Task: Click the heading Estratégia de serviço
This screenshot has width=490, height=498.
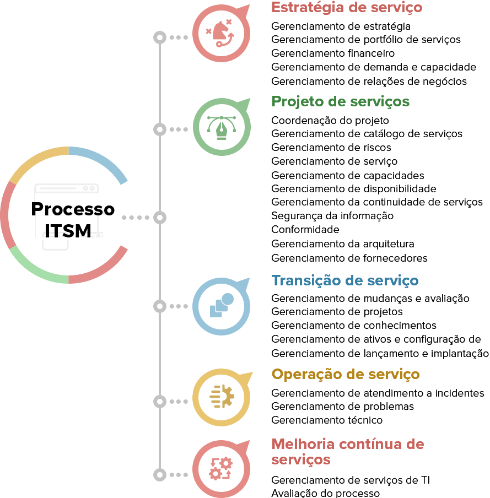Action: pos(347,8)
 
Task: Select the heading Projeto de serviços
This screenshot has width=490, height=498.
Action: pos(340,102)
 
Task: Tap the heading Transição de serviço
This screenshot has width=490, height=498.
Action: pos(345,280)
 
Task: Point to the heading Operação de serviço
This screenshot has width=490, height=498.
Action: pos(346,375)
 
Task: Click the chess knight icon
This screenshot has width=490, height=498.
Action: pos(221,33)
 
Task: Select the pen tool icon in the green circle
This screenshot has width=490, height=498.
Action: pos(222,127)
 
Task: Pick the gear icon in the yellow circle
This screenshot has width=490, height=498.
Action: pos(222,397)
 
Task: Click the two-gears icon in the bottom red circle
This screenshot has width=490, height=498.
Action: pos(221,469)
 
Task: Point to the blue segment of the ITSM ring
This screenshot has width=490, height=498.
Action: pos(102,160)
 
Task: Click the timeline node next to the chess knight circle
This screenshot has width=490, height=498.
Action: pos(160,37)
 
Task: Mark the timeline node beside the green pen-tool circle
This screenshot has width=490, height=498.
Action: pos(160,129)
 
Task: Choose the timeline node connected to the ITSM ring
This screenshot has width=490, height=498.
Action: pos(160,218)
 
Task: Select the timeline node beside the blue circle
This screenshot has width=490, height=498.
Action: pos(160,306)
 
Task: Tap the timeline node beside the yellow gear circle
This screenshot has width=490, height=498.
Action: pos(160,402)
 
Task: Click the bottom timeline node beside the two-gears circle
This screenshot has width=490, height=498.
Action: pos(160,475)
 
